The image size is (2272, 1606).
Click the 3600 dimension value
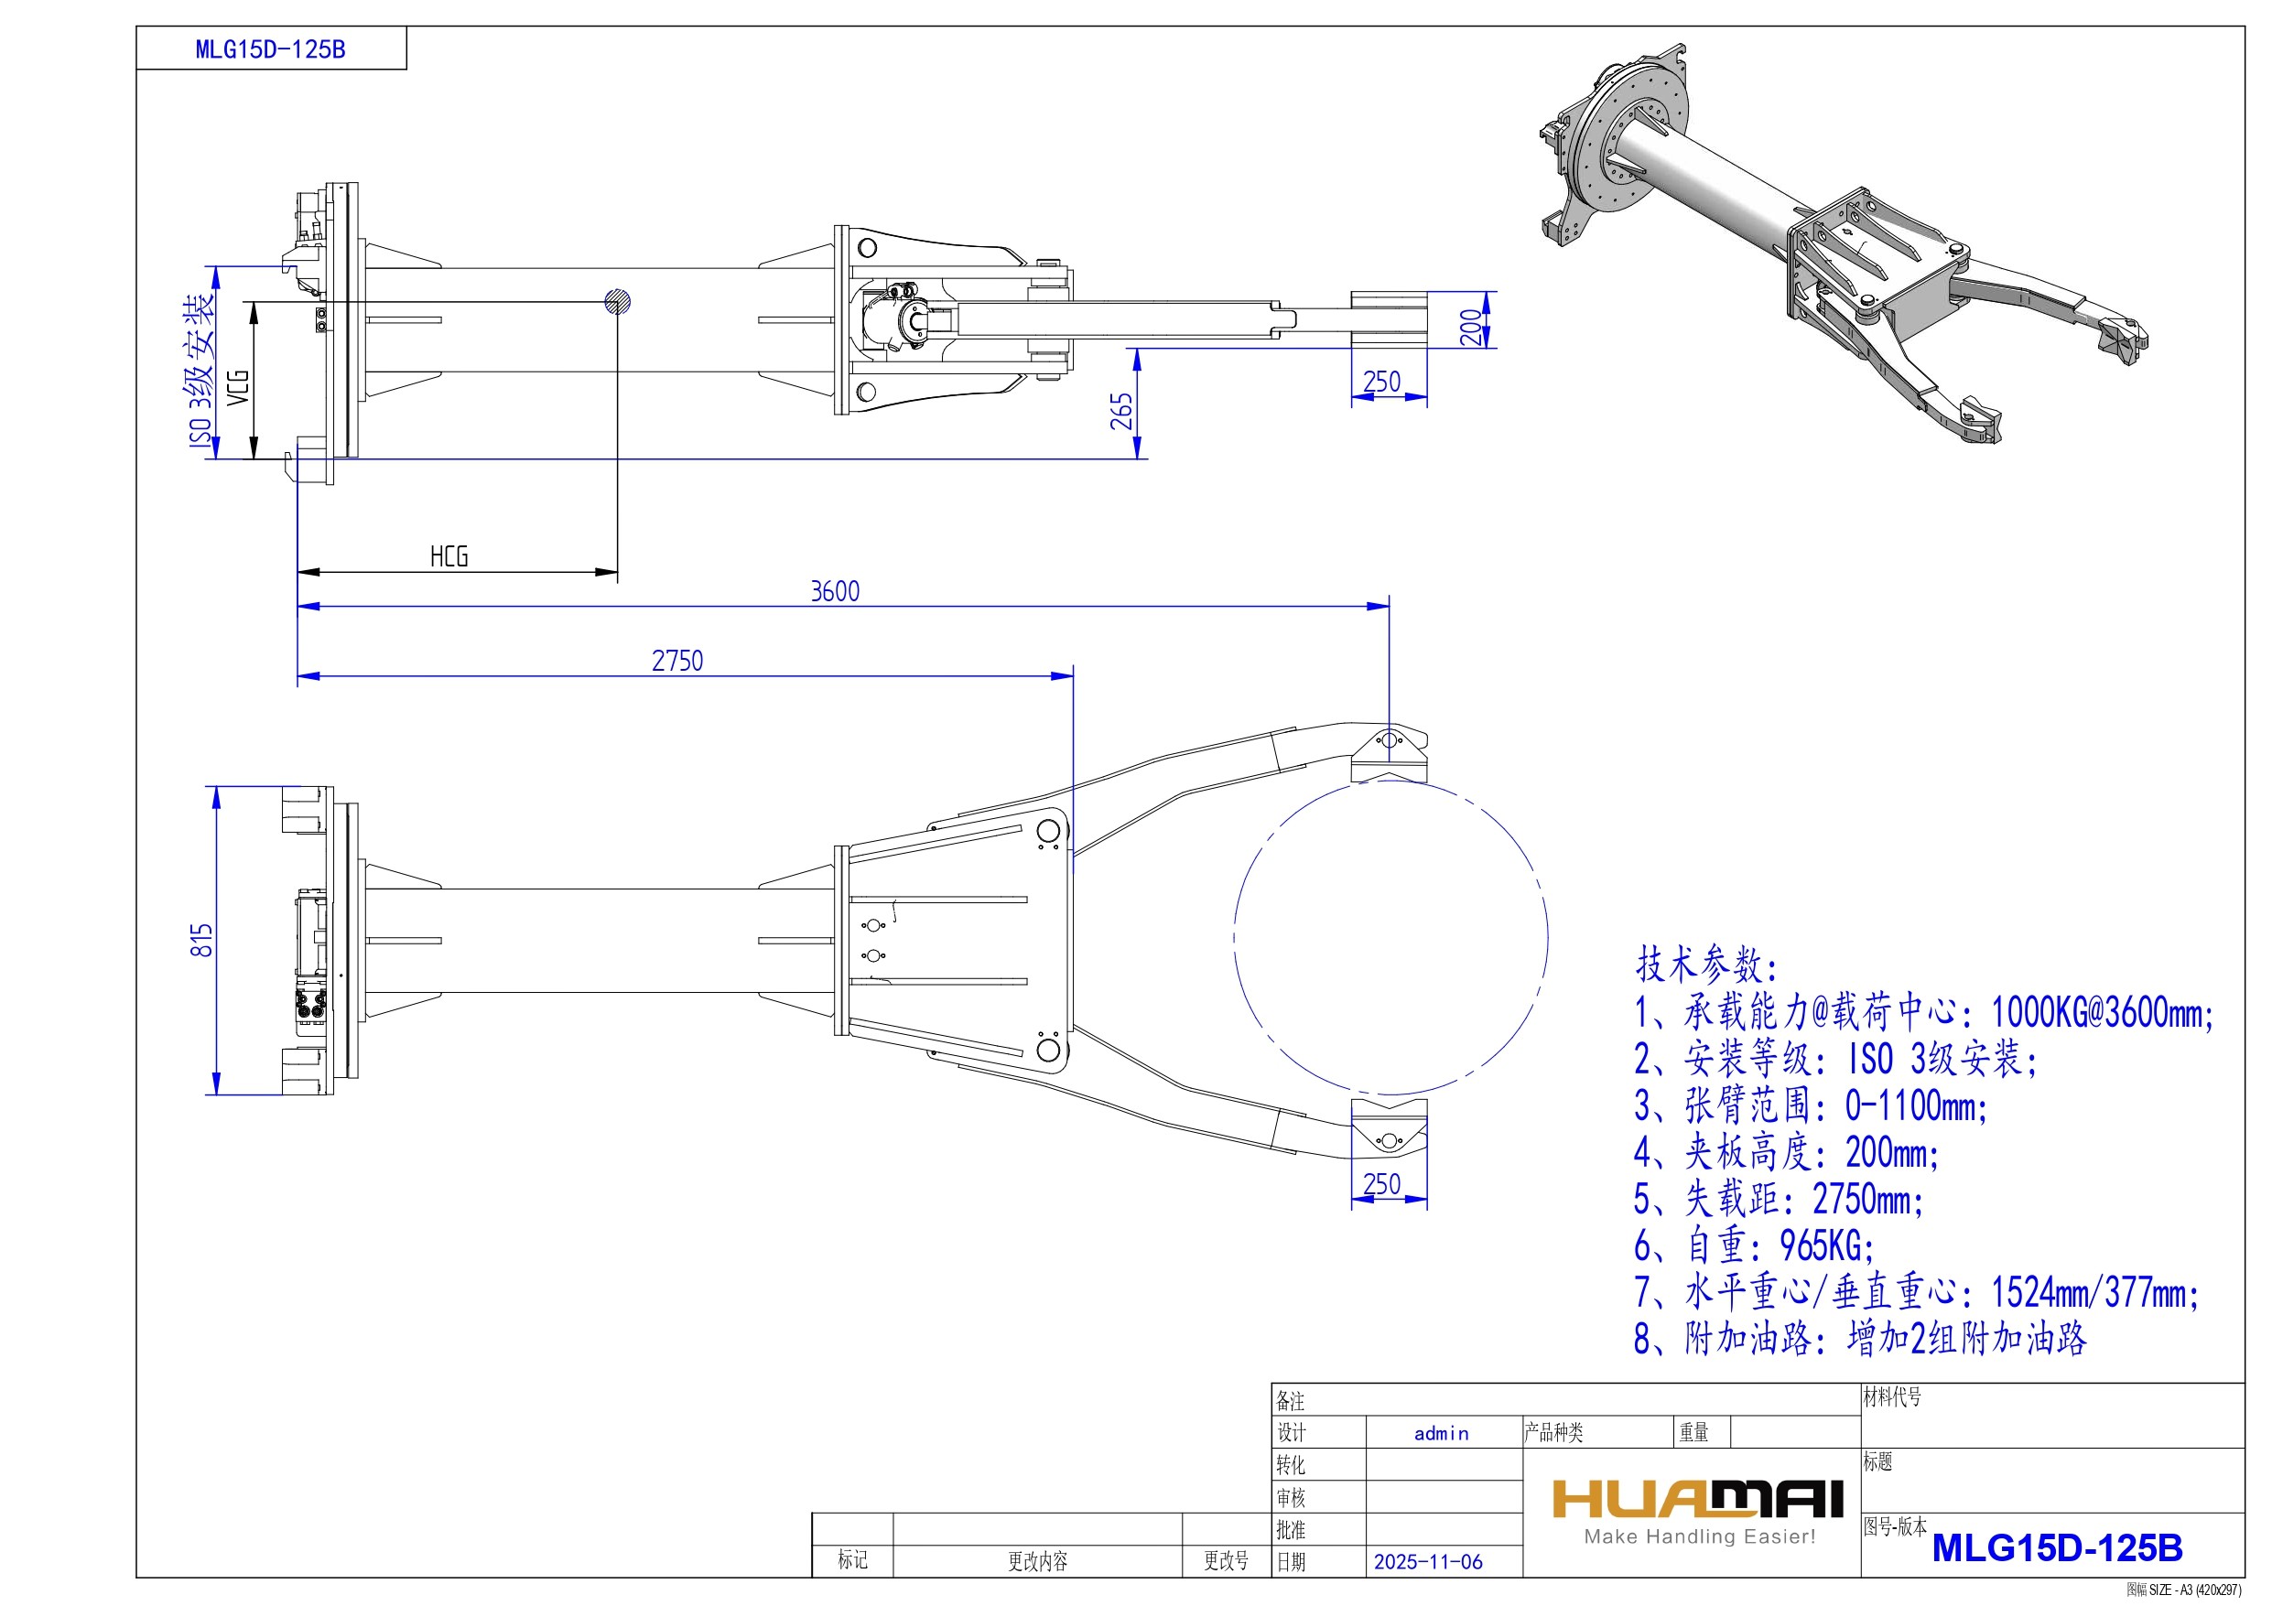(834, 591)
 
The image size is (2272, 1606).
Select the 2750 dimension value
(676, 660)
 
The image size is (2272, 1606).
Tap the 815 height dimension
(202, 940)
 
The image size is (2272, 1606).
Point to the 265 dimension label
(1121, 412)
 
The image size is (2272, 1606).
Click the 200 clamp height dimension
(1471, 327)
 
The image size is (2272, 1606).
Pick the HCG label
(449, 556)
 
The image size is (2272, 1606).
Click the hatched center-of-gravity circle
(618, 302)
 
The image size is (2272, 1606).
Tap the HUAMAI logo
(1698, 1499)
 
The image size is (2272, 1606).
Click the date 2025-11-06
(1428, 1562)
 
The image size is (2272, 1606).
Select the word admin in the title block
(1441, 1434)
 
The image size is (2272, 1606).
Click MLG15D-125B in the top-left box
(270, 49)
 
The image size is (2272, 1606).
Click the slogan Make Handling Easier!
(1699, 1536)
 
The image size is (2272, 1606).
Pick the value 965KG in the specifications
(1825, 1245)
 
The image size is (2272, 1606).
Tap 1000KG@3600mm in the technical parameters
(2101, 1012)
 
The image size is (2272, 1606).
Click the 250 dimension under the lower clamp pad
(1381, 1183)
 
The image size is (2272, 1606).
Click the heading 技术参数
(1706, 963)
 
